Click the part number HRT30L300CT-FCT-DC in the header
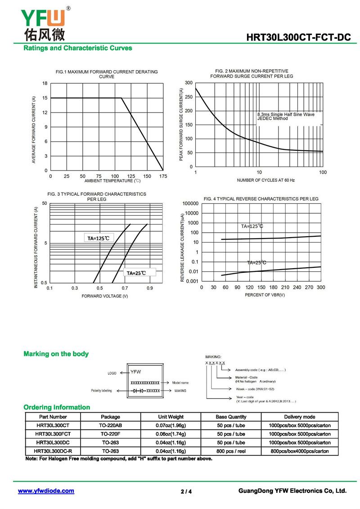coord(298,37)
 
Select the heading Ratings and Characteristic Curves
coord(77,48)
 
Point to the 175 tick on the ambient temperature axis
coord(163,176)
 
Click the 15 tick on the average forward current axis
coord(45,98)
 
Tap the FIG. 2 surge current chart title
coord(252,73)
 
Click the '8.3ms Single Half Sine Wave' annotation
coord(286,114)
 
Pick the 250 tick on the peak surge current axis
coord(189,97)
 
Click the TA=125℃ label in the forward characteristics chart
coord(99,238)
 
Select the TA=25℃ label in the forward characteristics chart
coord(136,273)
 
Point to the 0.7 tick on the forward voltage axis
coord(125,288)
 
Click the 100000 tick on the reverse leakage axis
coord(190,203)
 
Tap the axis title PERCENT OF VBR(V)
coord(265,295)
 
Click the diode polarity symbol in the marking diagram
coord(138,391)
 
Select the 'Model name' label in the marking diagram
coord(180,383)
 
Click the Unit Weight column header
coord(171,417)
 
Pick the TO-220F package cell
coord(110,434)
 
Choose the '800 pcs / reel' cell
coord(231,451)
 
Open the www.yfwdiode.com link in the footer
coord(46,491)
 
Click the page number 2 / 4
coord(186,491)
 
